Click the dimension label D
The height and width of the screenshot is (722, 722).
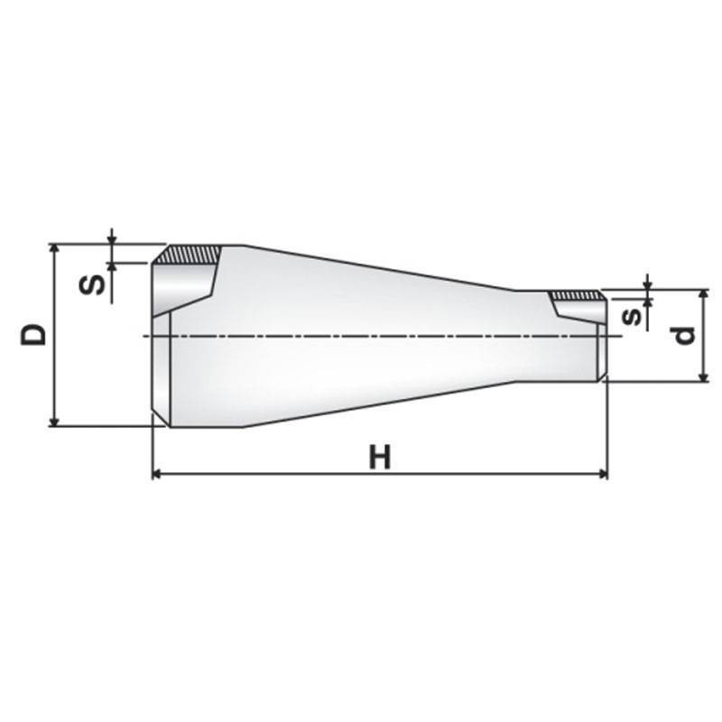[x=34, y=334]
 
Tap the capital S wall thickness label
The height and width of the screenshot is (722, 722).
[x=91, y=285]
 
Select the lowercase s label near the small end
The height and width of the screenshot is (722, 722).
[x=634, y=316]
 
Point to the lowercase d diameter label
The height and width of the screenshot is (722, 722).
[x=685, y=335]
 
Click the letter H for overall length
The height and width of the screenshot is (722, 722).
[x=380, y=457]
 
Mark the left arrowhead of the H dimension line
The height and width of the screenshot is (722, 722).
[x=157, y=473]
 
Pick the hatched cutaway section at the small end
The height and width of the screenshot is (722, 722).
[x=576, y=295]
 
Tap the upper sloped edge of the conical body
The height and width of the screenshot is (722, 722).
[x=379, y=268]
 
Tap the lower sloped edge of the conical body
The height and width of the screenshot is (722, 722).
[x=379, y=403]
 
